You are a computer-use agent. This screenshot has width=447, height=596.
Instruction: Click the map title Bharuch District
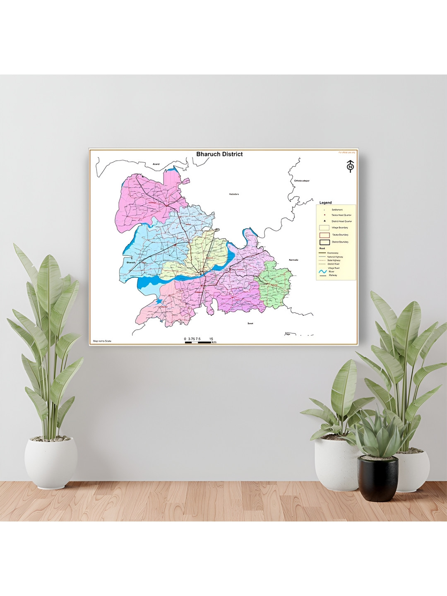click(219, 154)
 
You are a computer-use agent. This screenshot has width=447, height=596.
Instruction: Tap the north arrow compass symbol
click(351, 166)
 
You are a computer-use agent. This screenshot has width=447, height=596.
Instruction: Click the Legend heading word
click(325, 203)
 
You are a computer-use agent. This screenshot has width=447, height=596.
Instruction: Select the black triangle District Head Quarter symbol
click(324, 221)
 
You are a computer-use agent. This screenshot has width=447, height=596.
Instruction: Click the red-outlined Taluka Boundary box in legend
click(324, 235)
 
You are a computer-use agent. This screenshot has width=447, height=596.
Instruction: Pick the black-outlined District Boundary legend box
click(324, 242)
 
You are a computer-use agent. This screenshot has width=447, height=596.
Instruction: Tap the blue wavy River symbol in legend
click(323, 272)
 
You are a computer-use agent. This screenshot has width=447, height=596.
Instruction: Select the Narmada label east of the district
click(293, 260)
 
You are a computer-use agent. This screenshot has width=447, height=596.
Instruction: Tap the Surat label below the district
click(250, 323)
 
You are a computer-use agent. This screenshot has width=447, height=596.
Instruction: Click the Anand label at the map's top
click(156, 164)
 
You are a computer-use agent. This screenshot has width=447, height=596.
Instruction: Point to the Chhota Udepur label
click(302, 181)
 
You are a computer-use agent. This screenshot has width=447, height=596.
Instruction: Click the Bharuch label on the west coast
click(131, 262)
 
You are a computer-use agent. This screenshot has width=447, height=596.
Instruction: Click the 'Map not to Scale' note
click(102, 341)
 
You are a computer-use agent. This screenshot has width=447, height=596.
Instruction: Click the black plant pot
click(377, 478)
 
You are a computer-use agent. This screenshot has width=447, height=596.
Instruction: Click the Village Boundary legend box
click(324, 228)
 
